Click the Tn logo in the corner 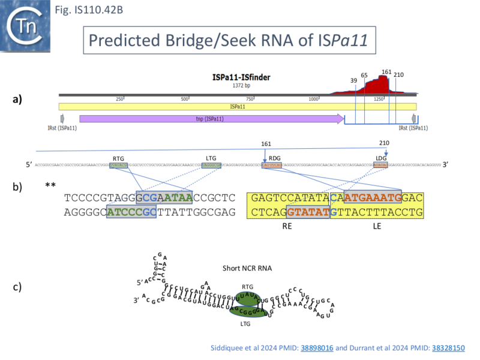(26, 25)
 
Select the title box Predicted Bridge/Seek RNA (229, 41)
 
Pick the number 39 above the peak (354, 80)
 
